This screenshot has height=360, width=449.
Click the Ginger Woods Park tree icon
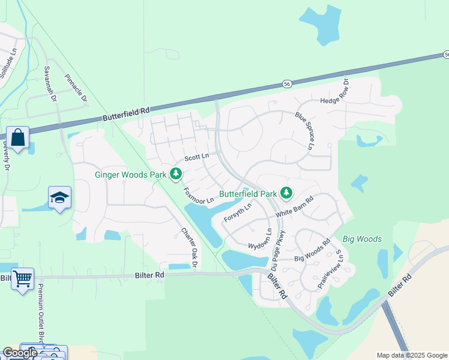pyautogui.click(x=176, y=175)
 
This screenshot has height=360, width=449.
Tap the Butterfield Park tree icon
pyautogui.click(x=287, y=193)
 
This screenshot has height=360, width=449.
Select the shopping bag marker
pyautogui.click(x=18, y=137)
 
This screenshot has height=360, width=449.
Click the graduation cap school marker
pyautogui.click(x=59, y=197)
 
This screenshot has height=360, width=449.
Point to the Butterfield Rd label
pyautogui.click(x=125, y=113)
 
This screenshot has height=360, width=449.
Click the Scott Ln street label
pyautogui.click(x=196, y=157)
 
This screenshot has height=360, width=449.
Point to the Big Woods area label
pyautogui.click(x=362, y=239)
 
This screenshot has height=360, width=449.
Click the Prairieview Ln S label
pyautogui.click(x=330, y=268)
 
